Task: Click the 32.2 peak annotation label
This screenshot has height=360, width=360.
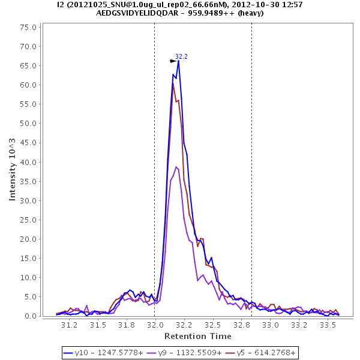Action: (181, 57)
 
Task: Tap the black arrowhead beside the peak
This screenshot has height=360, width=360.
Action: (173, 61)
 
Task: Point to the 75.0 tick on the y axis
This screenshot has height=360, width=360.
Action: (28, 27)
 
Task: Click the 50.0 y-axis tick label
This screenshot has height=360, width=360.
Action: (28, 123)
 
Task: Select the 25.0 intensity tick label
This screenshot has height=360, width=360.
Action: (28, 220)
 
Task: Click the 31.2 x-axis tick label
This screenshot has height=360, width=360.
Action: (70, 325)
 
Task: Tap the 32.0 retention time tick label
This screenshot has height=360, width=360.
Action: (155, 325)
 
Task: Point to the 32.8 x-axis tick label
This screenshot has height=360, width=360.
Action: (242, 325)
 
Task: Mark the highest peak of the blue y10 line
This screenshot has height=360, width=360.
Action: (178, 61)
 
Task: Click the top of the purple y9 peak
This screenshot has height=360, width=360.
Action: (176, 167)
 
